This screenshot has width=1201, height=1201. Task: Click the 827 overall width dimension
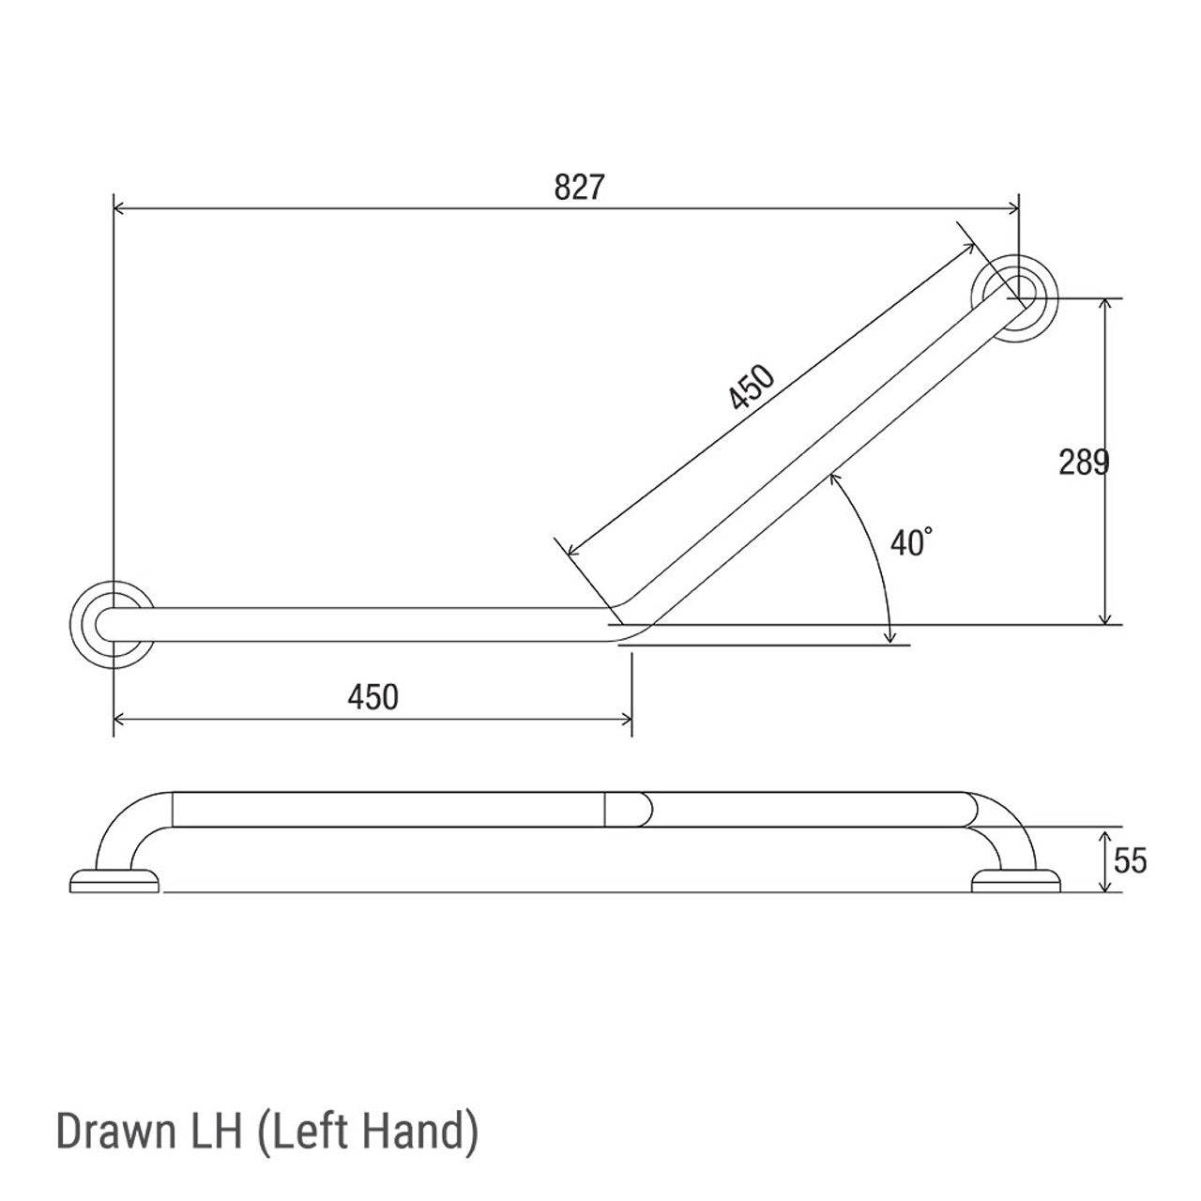point(577,188)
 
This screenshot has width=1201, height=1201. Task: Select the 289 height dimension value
point(1084,462)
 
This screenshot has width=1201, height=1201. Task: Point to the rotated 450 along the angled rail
point(753,388)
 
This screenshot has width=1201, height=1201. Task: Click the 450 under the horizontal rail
point(372,697)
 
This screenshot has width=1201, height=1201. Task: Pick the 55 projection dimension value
point(1129,859)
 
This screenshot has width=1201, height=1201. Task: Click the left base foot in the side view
point(114,880)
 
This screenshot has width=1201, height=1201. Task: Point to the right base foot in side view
point(1016,880)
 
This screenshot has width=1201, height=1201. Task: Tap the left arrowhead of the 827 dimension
point(119,210)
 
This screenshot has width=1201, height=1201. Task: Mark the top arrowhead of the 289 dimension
point(1108,304)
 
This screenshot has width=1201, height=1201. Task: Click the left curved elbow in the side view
point(131,821)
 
